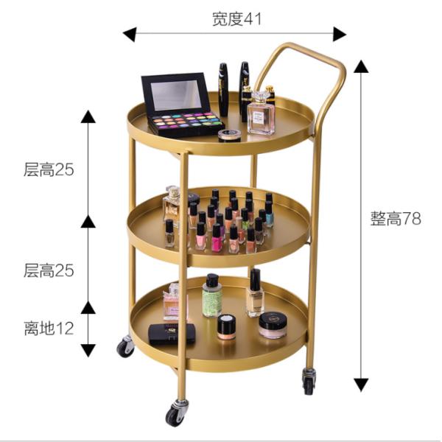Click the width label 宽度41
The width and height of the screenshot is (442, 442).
point(236,19)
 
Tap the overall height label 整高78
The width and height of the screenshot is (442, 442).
point(396,219)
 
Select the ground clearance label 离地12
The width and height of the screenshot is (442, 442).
point(49,328)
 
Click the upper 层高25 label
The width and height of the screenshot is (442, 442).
point(49,169)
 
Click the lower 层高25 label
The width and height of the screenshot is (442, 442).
point(49,270)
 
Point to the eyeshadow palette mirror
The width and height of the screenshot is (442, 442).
point(176,95)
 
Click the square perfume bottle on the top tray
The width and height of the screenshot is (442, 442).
point(261,113)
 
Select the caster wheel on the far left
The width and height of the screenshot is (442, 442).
point(125,346)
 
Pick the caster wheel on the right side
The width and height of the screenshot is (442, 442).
point(309,381)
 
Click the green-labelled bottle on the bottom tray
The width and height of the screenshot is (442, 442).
point(211,295)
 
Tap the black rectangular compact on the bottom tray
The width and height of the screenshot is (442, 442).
point(172,334)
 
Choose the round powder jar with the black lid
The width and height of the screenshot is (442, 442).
point(273,325)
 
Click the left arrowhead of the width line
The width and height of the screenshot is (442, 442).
point(130,35)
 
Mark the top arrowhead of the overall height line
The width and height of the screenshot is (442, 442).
point(361,67)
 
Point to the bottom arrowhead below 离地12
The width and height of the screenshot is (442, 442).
point(88,350)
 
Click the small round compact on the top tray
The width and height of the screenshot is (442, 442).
point(229,136)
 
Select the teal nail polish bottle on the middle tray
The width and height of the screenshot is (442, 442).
point(269,214)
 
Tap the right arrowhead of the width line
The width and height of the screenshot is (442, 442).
point(340,35)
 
